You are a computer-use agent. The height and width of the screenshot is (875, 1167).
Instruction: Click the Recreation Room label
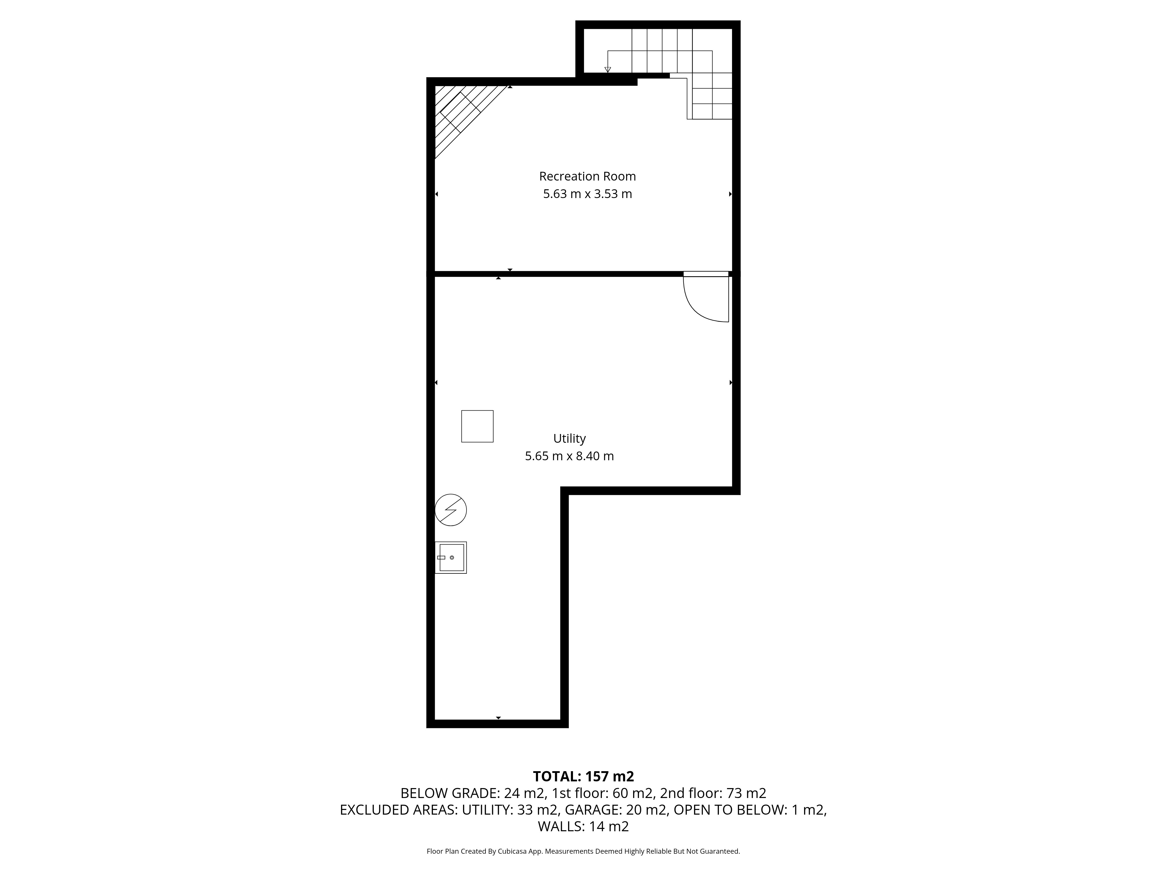(x=587, y=176)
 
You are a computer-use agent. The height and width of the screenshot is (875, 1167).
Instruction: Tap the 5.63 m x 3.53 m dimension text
(x=587, y=194)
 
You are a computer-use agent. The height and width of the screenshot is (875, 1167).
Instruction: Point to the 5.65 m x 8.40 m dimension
(x=569, y=456)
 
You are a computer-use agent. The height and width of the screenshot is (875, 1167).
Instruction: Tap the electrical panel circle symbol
(x=450, y=510)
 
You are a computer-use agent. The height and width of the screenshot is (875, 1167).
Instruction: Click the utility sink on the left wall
(x=450, y=557)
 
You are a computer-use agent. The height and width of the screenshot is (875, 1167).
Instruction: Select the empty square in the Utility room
(x=478, y=426)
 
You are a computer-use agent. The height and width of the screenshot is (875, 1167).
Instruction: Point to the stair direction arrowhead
(x=608, y=70)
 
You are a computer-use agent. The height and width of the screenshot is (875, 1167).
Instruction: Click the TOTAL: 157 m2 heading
(x=583, y=776)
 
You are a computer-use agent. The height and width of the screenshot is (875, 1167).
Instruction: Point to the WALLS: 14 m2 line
(x=583, y=827)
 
